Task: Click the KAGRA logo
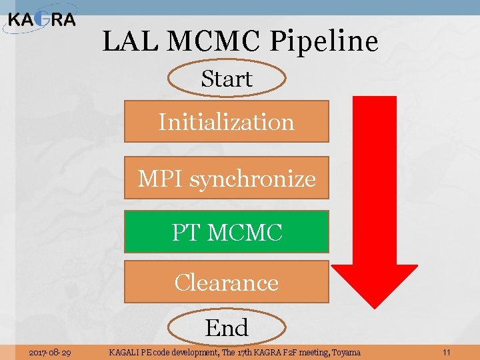click(x=41, y=19)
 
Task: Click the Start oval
click(x=227, y=79)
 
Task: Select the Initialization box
click(x=227, y=122)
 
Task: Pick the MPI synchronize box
click(x=227, y=178)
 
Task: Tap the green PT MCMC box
click(x=227, y=232)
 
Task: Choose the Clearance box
click(x=227, y=282)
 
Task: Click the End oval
click(x=227, y=328)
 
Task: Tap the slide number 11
click(x=446, y=352)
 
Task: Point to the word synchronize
click(x=253, y=179)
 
